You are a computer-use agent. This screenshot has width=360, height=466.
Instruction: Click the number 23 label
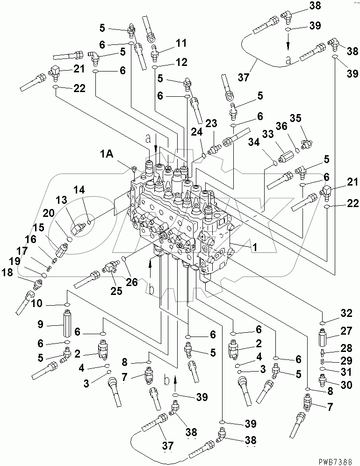click(x=211, y=123)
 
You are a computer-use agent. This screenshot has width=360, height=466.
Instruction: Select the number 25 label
click(x=116, y=291)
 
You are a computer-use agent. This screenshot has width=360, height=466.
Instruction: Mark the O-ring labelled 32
click(x=323, y=323)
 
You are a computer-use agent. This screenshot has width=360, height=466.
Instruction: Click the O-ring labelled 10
click(x=68, y=304)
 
